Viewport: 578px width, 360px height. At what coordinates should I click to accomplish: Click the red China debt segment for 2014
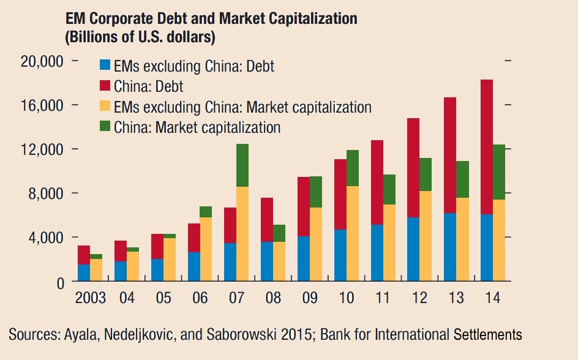point(487,147)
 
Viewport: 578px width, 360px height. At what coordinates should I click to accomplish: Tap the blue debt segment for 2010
point(340,255)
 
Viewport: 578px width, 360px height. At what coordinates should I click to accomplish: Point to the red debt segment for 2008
point(267,220)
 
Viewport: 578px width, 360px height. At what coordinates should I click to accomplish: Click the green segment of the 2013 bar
point(463,179)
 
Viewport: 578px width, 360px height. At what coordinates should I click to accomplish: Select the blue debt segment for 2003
point(83,272)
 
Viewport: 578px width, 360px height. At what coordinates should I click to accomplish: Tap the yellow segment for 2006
point(206,249)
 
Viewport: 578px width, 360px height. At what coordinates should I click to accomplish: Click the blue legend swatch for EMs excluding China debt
point(105,66)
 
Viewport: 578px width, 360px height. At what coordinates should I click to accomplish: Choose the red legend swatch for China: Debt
point(105,86)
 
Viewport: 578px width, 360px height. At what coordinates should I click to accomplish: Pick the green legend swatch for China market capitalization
point(105,127)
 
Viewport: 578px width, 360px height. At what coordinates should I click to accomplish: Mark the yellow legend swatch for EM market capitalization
point(105,107)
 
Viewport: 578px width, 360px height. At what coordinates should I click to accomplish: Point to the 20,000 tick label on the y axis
point(43,61)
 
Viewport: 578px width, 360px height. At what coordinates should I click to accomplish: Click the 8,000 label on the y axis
point(47,193)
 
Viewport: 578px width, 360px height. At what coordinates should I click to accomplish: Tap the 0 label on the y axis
point(60,282)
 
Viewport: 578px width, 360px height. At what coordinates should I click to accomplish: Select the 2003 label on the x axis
point(90,299)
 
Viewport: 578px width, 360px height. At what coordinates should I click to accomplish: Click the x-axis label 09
point(310,299)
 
